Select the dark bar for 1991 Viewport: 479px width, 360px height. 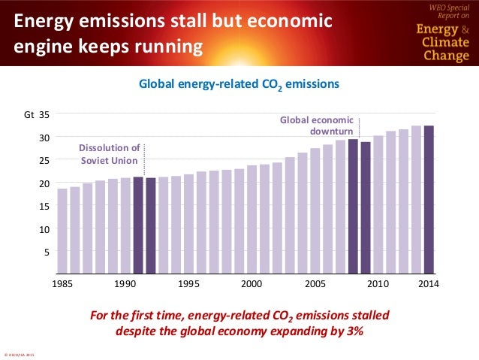[138, 225]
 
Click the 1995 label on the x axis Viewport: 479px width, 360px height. [188, 284]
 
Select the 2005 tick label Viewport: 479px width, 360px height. [315, 284]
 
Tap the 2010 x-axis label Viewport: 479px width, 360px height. [378, 284]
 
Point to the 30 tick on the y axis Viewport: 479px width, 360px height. [44, 138]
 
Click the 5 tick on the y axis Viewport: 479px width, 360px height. [47, 252]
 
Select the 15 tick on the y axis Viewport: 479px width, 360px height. [44, 206]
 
